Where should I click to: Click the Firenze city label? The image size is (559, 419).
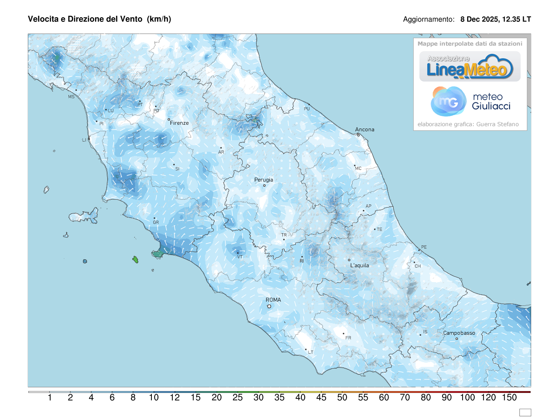[179, 123]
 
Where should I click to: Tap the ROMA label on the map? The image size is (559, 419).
[273, 300]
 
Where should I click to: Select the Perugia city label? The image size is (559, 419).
[264, 180]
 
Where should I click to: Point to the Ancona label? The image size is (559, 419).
[365, 129]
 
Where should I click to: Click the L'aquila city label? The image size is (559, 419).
[359, 265]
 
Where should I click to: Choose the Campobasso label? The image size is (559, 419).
[459, 333]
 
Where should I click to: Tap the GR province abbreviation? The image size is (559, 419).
[156, 223]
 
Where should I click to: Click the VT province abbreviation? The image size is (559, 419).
[240, 257]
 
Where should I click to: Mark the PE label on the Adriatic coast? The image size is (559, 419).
[423, 247]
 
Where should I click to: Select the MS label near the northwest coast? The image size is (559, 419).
[71, 97]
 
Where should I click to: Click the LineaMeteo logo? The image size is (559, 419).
[470, 67]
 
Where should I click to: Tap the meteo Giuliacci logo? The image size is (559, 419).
[470, 101]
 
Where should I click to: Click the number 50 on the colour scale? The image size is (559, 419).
[342, 398]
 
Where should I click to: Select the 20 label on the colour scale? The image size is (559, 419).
[216, 398]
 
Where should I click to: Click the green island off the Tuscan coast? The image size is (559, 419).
[136, 259]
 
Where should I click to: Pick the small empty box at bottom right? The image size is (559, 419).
[525, 412]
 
